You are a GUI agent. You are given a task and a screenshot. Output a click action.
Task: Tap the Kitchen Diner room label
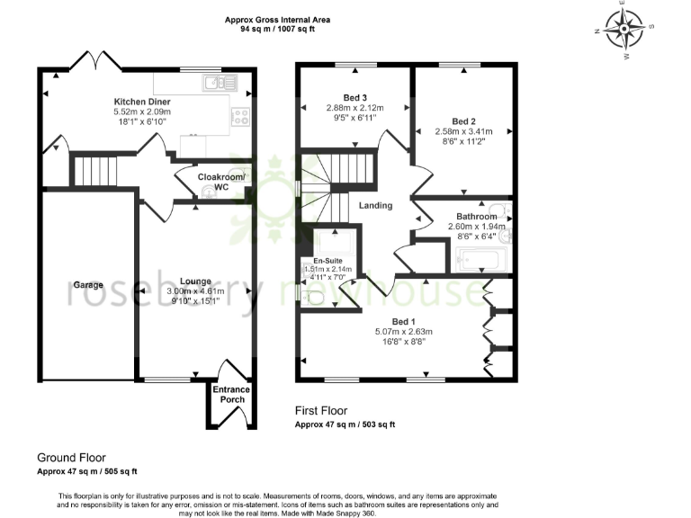pos(142,101)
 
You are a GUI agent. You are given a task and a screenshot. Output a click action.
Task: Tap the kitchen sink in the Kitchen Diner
pos(220,83)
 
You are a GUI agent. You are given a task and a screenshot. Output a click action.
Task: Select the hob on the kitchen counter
pos(240,115)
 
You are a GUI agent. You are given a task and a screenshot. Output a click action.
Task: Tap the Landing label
pos(375,206)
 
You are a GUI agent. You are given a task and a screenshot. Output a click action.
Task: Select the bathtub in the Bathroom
pos(483,261)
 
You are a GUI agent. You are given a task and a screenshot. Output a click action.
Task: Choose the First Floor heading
pos(320,411)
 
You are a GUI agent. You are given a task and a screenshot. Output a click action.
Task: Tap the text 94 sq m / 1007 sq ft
pos(277,29)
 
